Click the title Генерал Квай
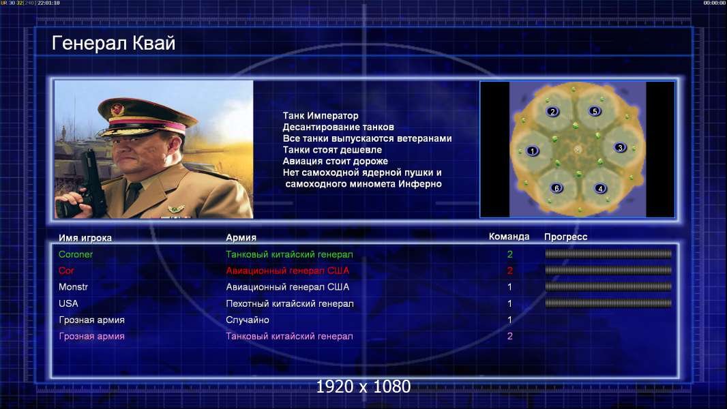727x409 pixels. coord(114,43)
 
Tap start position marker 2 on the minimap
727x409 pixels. coord(552,111)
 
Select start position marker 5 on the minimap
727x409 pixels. coord(595,110)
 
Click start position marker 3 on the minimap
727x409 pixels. coord(620,147)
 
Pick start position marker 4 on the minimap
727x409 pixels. coord(600,188)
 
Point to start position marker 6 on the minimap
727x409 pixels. coord(557,187)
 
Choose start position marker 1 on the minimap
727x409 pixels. coord(532,151)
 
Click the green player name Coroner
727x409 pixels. coord(76,254)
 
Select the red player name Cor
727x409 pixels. coord(66,271)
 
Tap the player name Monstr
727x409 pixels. coord(73,287)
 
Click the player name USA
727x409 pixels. coord(68,303)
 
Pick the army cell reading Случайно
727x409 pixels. coord(247,320)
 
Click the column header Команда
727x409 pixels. coord(509,237)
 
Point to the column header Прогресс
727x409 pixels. coord(565,237)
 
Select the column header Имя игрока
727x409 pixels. coord(85,238)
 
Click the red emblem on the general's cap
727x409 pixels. coord(117,109)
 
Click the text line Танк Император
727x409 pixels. coord(321,116)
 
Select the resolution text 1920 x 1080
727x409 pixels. coord(363,387)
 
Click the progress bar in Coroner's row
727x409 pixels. coord(608,254)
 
